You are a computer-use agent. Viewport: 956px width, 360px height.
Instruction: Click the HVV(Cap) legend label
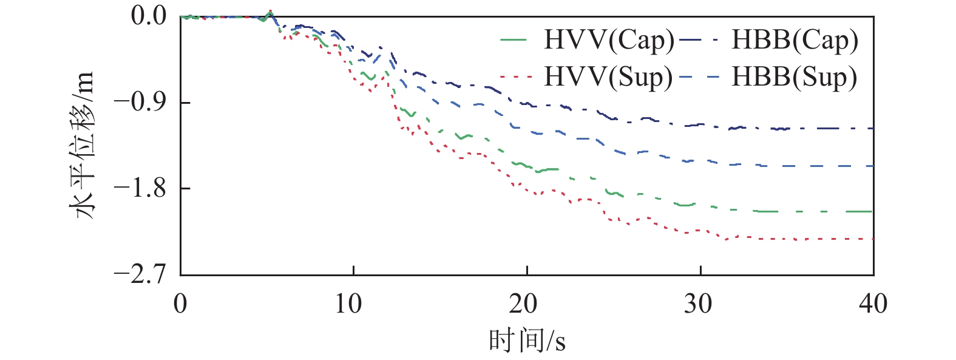(609, 40)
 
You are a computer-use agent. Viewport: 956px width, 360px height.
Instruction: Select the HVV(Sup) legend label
(608, 77)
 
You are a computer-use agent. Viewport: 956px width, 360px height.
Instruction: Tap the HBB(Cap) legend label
(795, 40)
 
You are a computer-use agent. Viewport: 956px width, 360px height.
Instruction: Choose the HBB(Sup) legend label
(794, 77)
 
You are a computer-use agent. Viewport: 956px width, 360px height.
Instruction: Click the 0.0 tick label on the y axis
(149, 16)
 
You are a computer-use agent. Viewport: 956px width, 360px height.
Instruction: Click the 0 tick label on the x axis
(180, 303)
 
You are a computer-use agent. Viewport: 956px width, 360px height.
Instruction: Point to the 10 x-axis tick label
(353, 303)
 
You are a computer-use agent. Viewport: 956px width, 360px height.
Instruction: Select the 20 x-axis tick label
(526, 303)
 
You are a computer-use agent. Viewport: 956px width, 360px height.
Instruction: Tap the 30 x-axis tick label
(700, 303)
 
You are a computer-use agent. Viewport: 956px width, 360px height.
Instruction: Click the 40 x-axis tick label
(873, 303)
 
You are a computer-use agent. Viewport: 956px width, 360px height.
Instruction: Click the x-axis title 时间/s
(527, 340)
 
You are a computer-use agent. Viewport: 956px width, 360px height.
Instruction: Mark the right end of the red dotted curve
(873, 239)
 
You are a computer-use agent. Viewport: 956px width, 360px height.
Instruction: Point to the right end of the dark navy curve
(873, 129)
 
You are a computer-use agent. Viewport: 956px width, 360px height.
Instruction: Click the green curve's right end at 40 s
(873, 211)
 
